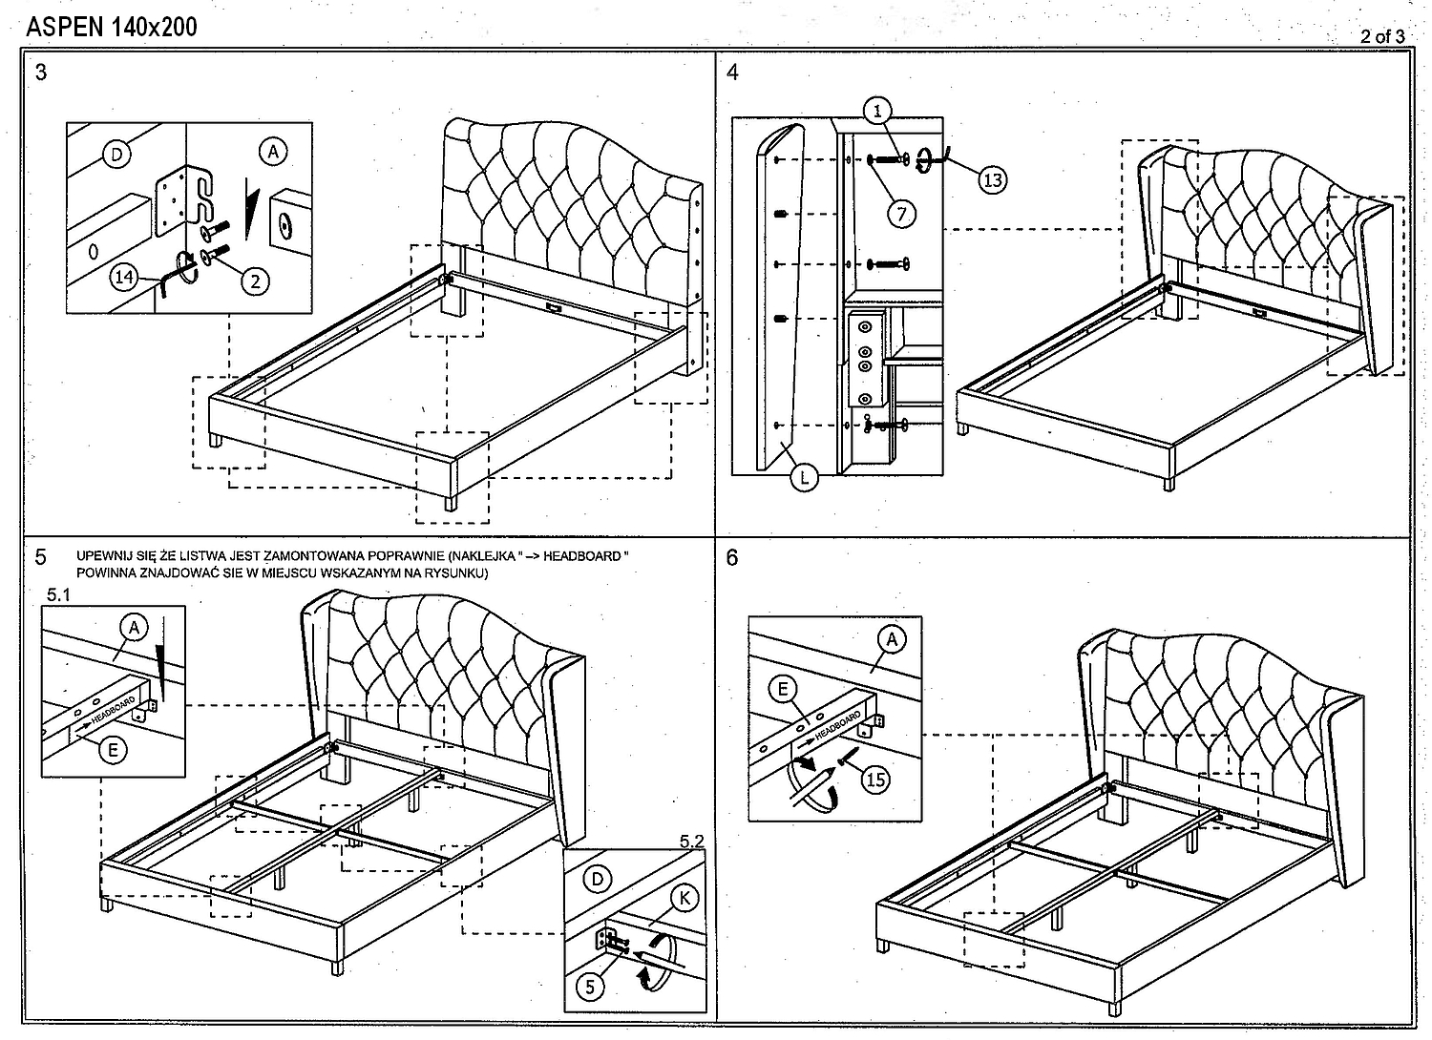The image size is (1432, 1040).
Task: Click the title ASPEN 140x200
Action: [x=112, y=27]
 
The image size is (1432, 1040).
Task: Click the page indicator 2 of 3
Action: [x=1382, y=36]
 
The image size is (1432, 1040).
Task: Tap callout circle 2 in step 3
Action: [x=255, y=280]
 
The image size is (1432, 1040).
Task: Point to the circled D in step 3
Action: [x=116, y=154]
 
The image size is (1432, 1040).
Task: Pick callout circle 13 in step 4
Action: [x=993, y=178]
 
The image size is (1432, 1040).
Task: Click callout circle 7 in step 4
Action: [x=902, y=214]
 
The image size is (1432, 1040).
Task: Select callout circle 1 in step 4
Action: [x=878, y=111]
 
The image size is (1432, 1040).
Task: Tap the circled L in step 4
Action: [x=804, y=476]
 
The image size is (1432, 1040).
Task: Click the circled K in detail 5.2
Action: [x=684, y=898]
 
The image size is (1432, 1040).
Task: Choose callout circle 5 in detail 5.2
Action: [x=590, y=986]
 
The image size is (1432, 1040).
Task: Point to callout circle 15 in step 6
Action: [x=874, y=779]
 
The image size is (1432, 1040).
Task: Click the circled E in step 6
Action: [x=784, y=689]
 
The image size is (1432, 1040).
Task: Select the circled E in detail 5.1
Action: [x=113, y=750]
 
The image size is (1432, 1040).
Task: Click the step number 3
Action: [x=41, y=72]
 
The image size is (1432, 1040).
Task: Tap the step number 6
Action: [x=732, y=557]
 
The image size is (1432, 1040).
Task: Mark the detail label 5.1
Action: [x=59, y=593]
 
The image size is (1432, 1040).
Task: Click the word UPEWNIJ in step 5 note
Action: [x=105, y=555]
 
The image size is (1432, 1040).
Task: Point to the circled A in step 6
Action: [x=892, y=638]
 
